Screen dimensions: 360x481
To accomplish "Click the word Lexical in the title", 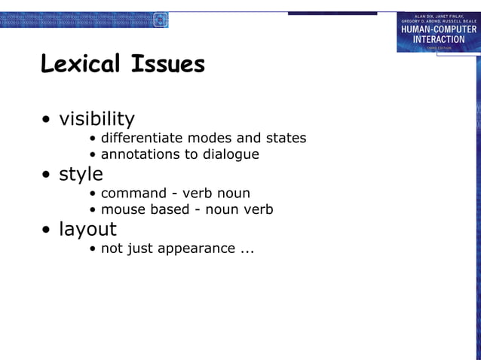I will pyautogui.click(x=83, y=65).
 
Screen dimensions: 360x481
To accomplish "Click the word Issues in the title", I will pyautogui.click(x=168, y=65).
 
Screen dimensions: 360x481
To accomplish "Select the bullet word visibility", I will pyautogui.click(x=97, y=119).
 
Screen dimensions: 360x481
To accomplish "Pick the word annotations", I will pyautogui.click(x=138, y=154).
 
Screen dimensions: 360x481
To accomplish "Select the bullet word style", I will pyautogui.click(x=81, y=174).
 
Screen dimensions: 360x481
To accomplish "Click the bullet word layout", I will pyautogui.click(x=88, y=229).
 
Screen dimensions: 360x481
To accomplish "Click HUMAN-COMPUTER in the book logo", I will pyautogui.click(x=439, y=29).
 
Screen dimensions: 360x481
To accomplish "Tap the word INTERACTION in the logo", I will pyautogui.click(x=439, y=39).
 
